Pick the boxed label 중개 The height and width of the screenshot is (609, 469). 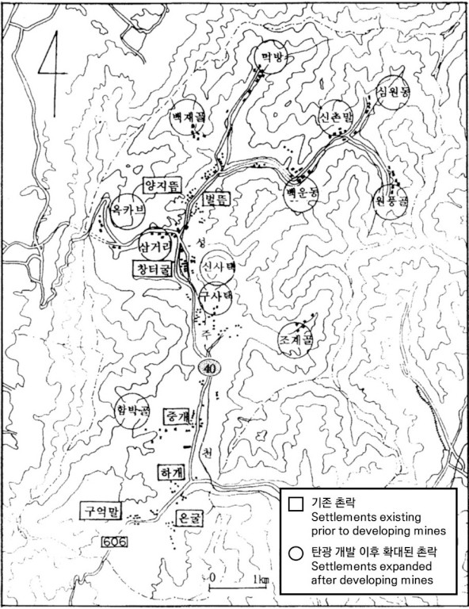click(x=176, y=416)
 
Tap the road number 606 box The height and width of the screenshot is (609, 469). click(x=114, y=541)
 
